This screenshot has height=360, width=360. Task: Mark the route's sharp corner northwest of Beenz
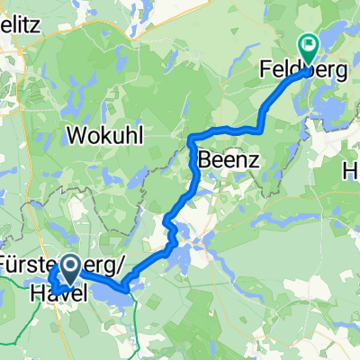(x=192, y=138)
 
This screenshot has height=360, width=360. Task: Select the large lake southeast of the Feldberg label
(x=328, y=108)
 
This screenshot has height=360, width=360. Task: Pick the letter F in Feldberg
(x=265, y=70)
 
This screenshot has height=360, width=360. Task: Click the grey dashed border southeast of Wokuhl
(x=153, y=171)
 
